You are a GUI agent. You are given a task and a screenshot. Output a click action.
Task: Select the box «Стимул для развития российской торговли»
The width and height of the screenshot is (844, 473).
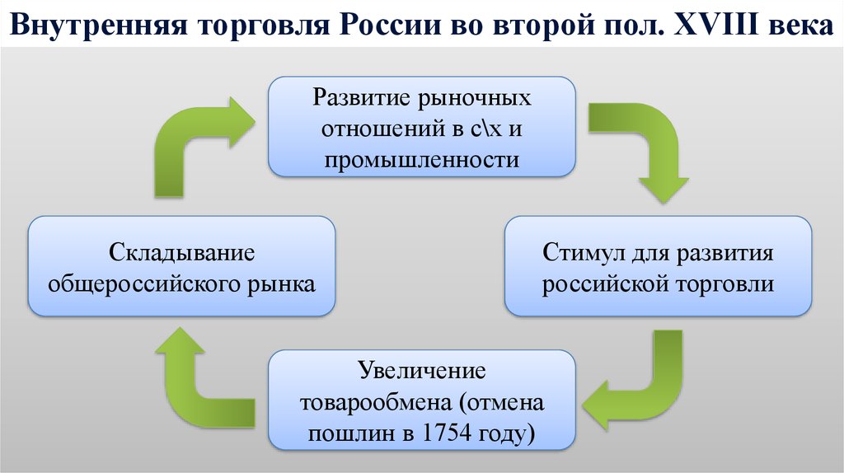658,266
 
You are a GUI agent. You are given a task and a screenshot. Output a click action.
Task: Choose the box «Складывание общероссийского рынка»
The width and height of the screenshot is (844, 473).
181,266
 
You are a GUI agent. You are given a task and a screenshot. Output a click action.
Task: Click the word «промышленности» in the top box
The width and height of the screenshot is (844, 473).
421,159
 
